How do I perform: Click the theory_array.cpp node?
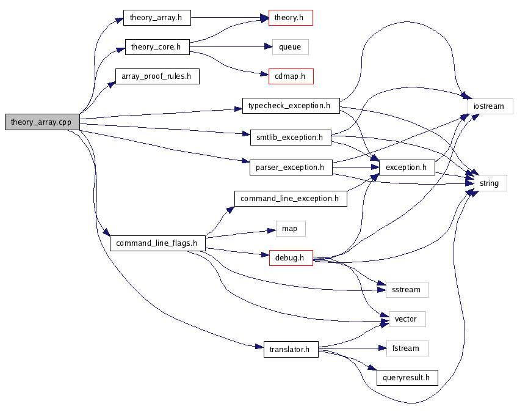pyautogui.click(x=41, y=122)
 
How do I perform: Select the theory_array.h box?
pyautogui.click(x=156, y=18)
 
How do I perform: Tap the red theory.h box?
pyautogui.click(x=291, y=18)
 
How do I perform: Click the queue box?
pyautogui.click(x=290, y=47)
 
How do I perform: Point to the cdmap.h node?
pyautogui.click(x=291, y=76)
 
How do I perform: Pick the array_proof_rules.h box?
pyautogui.click(x=157, y=76)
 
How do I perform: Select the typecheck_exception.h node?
pyautogui.click(x=290, y=105)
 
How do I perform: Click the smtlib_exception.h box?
pyautogui.click(x=291, y=137)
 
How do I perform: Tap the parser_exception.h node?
pyautogui.click(x=291, y=167)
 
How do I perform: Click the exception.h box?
pyautogui.click(x=407, y=167)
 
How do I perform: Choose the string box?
pyautogui.click(x=489, y=183)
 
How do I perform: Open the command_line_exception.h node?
pyautogui.click(x=291, y=198)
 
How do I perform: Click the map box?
pyautogui.click(x=290, y=229)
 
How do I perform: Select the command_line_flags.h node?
pyautogui.click(x=157, y=243)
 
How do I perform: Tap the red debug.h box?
pyautogui.click(x=291, y=258)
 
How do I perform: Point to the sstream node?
pyautogui.click(x=407, y=289)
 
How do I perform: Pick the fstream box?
pyautogui.click(x=407, y=348)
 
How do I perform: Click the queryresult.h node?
pyautogui.click(x=407, y=378)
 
